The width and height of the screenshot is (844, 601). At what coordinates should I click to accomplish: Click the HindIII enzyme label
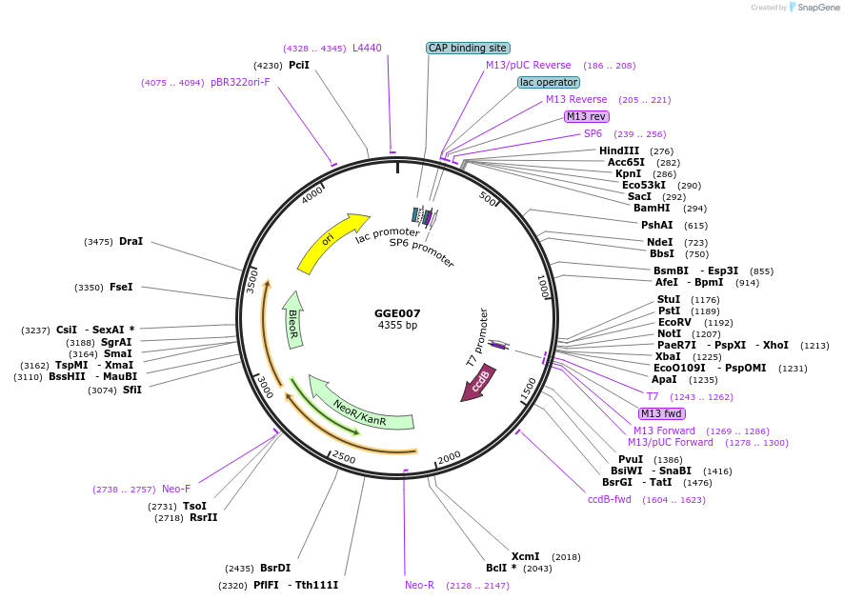tap(618, 151)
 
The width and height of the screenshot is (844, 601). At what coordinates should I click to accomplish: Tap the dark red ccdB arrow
tap(479, 381)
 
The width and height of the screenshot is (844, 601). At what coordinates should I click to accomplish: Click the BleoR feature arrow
tap(292, 316)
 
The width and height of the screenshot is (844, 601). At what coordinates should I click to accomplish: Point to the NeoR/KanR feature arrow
tap(360, 408)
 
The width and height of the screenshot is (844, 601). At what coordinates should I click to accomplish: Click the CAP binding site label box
tap(468, 48)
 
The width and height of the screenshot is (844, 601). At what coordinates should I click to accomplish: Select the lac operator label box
tap(549, 82)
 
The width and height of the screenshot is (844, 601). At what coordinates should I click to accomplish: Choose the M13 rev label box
tap(586, 116)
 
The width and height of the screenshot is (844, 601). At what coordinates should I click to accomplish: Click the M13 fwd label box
tap(661, 413)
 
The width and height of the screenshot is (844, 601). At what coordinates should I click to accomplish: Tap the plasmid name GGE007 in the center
tap(397, 313)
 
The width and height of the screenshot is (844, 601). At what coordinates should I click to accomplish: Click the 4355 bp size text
tap(397, 326)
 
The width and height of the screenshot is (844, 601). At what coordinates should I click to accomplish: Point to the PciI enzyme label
tap(299, 65)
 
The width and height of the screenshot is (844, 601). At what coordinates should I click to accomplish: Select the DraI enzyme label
tap(131, 242)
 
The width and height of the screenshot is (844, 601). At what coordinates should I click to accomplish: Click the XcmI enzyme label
tap(525, 556)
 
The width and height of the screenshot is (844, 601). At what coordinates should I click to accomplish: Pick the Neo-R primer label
tap(419, 585)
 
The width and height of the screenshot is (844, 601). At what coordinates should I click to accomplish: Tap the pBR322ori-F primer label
tap(240, 82)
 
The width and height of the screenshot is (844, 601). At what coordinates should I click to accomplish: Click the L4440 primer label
tap(367, 48)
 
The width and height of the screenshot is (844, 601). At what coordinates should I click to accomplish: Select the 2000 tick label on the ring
tap(449, 459)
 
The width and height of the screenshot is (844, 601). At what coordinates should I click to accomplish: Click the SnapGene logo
tap(816, 8)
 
